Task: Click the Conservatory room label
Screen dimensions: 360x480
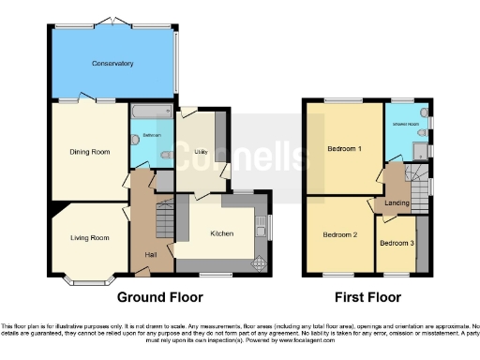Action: pyautogui.click(x=112, y=64)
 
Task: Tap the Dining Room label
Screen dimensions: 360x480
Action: pyautogui.click(x=89, y=151)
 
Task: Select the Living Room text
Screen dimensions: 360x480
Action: pyautogui.click(x=90, y=238)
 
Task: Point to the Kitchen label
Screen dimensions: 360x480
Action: pyautogui.click(x=221, y=233)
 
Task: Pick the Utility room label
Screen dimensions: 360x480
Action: pyautogui.click(x=200, y=150)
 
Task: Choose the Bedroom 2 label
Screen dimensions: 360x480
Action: pyautogui.click(x=341, y=234)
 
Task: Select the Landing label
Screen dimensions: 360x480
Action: pyautogui.click(x=397, y=202)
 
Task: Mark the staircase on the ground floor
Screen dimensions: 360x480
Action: pyautogui.click(x=163, y=221)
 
